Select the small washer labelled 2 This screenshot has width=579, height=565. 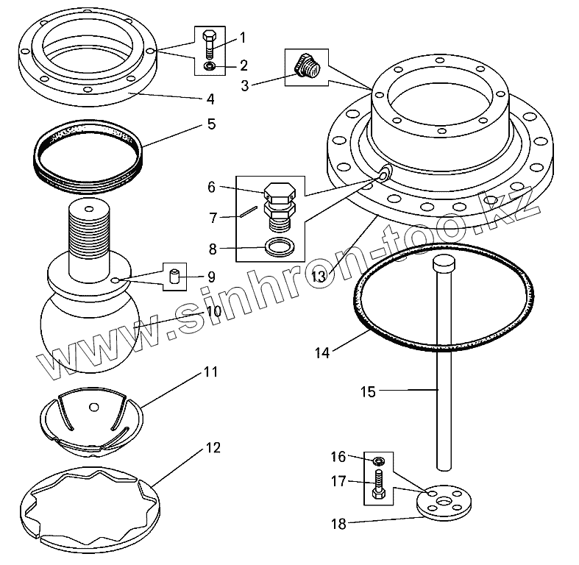(x=208, y=67)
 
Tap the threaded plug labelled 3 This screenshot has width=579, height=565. (x=305, y=66)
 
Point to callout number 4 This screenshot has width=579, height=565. (x=210, y=98)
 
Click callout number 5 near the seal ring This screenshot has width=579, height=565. (x=211, y=124)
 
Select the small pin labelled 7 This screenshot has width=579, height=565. (x=249, y=213)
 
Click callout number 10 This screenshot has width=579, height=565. (x=213, y=310)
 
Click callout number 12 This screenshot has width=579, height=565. (x=213, y=447)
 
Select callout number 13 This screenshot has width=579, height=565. (x=319, y=276)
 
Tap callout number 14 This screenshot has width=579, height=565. (x=322, y=352)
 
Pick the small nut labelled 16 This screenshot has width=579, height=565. (x=378, y=461)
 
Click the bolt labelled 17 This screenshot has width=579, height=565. (x=378, y=486)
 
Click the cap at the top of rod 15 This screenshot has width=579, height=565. (x=444, y=263)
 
